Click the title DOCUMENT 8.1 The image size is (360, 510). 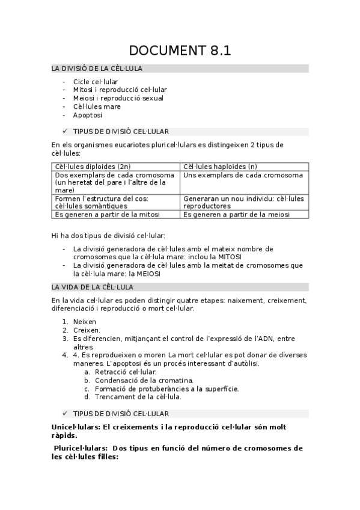tap(180, 50)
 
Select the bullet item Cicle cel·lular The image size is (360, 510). tap(96, 81)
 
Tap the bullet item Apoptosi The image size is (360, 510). tap(88, 115)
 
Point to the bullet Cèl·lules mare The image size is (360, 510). tap(97, 106)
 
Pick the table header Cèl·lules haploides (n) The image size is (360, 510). tap(220, 166)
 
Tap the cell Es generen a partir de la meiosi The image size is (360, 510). tap(236, 214)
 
